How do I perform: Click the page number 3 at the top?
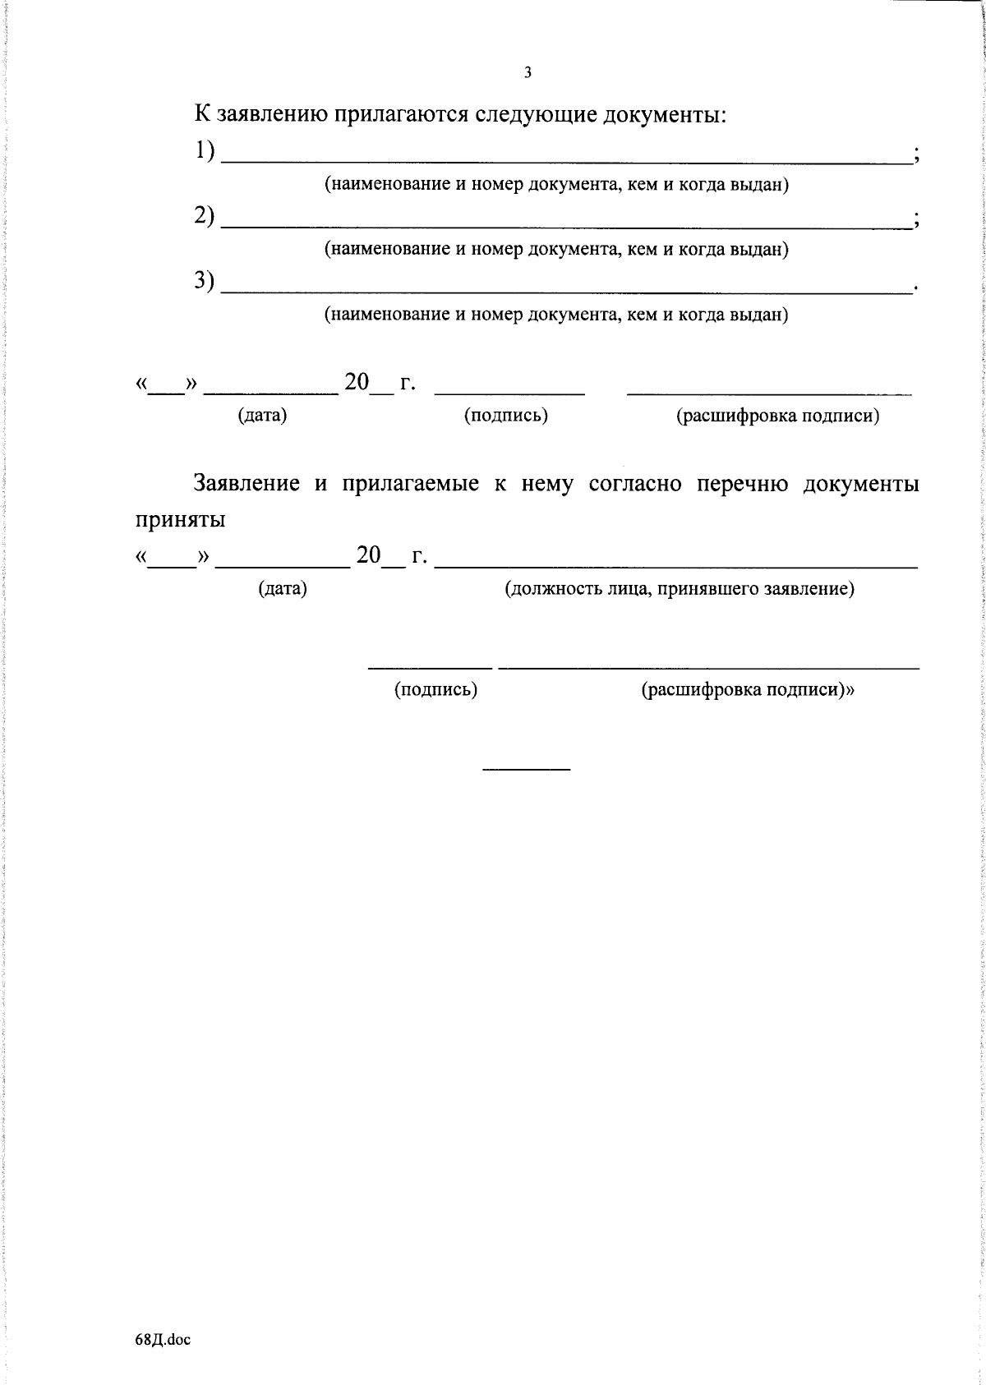(528, 73)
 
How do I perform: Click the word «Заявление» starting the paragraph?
(246, 483)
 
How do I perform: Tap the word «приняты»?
(192, 520)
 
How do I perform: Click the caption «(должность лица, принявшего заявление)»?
(679, 589)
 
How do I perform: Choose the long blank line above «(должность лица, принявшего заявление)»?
(675, 567)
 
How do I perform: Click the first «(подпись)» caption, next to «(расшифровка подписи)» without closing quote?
(505, 416)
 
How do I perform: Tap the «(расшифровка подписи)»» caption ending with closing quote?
(748, 690)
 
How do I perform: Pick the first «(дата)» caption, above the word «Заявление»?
(262, 416)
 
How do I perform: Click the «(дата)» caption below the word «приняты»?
(283, 589)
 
